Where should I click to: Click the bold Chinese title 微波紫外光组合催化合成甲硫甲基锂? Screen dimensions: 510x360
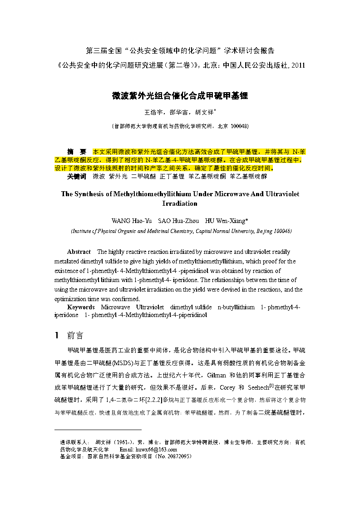[x=180, y=96]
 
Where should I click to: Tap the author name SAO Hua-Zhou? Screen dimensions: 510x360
[x=178, y=221]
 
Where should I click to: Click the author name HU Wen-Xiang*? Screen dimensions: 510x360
[x=227, y=221]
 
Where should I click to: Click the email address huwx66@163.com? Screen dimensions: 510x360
[x=157, y=449]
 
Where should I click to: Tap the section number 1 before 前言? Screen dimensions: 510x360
[x=57, y=336]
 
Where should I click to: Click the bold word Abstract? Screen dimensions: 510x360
[x=79, y=252]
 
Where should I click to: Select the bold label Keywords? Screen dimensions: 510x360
[x=80, y=307]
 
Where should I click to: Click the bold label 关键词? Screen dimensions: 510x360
[x=76, y=176]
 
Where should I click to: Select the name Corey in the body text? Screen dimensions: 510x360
[x=227, y=388]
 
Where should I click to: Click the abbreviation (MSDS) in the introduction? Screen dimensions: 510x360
[x=122, y=363]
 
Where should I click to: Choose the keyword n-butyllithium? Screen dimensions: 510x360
[x=236, y=307]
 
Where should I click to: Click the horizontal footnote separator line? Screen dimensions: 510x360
[x=98, y=430]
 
